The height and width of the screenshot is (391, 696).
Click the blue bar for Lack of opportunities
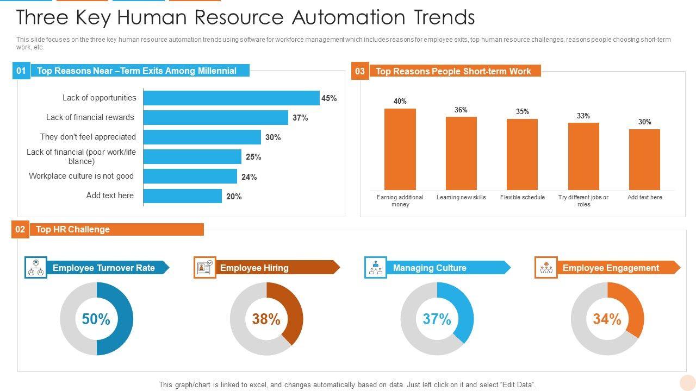coord(231,98)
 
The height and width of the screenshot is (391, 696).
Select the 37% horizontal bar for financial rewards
coord(215,118)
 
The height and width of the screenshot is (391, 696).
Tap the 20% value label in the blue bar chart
coord(234,197)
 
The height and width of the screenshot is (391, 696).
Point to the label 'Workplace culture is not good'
coord(81,176)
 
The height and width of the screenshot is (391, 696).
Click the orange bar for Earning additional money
coord(400,149)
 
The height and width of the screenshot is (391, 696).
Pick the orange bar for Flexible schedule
coord(522,154)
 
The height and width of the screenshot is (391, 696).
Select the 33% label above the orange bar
coord(583,116)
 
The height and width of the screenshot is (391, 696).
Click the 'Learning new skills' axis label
coord(461,197)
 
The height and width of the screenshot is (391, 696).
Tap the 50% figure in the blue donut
coord(96,319)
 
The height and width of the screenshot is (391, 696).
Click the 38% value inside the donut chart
coord(266,319)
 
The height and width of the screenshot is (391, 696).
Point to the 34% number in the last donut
coord(607,319)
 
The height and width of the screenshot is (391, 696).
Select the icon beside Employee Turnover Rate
coord(36,268)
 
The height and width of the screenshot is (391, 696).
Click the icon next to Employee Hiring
coord(205,268)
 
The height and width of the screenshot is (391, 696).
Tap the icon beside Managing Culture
coord(376,268)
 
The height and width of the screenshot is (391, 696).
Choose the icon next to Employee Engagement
coord(546,268)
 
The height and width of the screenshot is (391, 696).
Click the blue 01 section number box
coord(21,71)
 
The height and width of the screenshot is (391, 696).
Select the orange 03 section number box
coord(360,71)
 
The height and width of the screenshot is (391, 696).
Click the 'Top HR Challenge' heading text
coord(73,229)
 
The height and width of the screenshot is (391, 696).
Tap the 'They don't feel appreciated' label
coord(88,137)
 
